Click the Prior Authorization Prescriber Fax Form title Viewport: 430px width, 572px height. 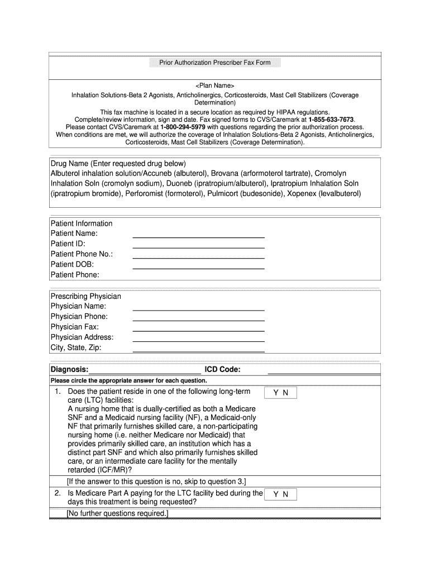click(x=214, y=63)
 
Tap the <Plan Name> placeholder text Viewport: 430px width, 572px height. click(x=214, y=86)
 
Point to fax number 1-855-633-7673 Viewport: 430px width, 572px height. click(x=331, y=120)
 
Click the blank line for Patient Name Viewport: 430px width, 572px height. click(x=198, y=236)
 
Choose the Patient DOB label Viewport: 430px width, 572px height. click(x=72, y=264)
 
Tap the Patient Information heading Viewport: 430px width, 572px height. click(x=82, y=223)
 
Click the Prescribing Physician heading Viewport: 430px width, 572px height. click(x=85, y=296)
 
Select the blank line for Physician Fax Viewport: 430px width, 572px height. click(x=198, y=330)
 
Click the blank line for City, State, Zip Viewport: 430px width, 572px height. click(x=198, y=351)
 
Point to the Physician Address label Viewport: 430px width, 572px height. click(x=82, y=337)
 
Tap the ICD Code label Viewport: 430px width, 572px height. click(x=223, y=370)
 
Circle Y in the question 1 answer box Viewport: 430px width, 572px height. click(x=275, y=393)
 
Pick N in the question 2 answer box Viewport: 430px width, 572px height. click(x=285, y=494)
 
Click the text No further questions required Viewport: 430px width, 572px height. click(x=117, y=513)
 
